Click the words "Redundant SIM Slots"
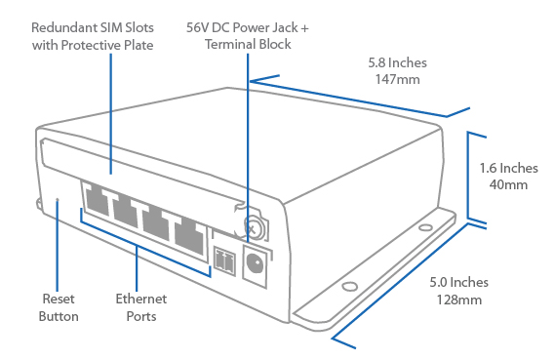93,27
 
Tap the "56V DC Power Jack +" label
248,27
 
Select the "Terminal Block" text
248,44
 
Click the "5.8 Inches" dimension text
398,62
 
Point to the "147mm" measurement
398,79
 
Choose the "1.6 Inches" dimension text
508,168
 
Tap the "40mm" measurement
508,184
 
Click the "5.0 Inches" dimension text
459,282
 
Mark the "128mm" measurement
459,300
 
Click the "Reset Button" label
59,307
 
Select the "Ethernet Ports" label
141,307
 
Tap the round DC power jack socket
255,263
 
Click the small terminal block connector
224,261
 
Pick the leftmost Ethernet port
96,199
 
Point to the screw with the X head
253,228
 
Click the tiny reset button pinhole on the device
58,200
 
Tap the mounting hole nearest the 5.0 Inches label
350,286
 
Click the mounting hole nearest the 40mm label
425,227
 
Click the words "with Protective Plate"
93,45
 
